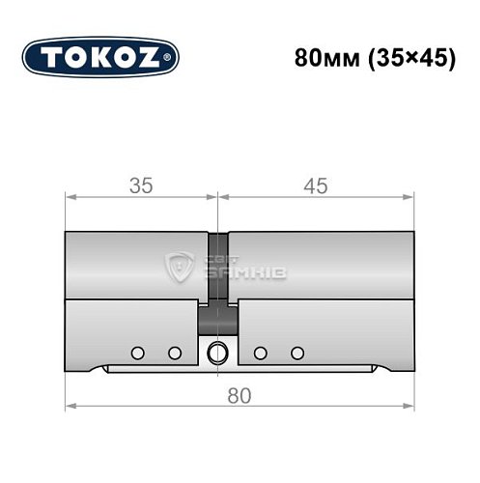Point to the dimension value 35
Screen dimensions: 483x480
pyautogui.click(x=141, y=187)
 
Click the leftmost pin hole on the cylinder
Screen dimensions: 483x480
pyautogui.click(x=137, y=353)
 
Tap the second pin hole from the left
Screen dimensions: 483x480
pyautogui.click(x=174, y=353)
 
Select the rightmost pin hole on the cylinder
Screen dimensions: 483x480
pyautogui.click(x=297, y=353)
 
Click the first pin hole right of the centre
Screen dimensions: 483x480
pyautogui.click(x=260, y=353)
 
